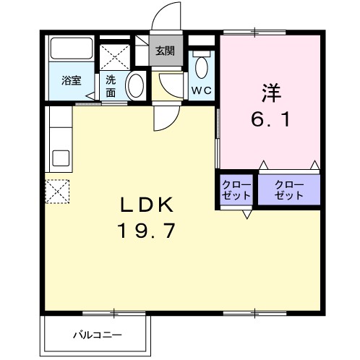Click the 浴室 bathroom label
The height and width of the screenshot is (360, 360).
(x=70, y=81)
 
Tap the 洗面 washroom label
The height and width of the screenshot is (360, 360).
(x=111, y=86)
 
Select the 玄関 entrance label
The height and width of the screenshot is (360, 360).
(x=164, y=51)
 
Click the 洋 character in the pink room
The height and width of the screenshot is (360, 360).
(x=270, y=94)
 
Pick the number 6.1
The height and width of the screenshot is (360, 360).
(x=270, y=119)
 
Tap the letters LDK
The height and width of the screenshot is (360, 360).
(x=146, y=206)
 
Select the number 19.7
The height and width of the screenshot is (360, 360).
(x=146, y=232)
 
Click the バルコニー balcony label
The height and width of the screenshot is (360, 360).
(x=97, y=335)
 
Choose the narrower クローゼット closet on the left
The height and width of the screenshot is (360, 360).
(x=236, y=190)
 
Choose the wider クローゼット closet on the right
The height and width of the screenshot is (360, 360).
(x=289, y=190)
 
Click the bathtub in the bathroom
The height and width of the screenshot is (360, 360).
(x=70, y=50)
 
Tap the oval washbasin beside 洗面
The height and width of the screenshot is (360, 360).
(x=135, y=86)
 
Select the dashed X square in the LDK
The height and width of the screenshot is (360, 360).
(x=57, y=191)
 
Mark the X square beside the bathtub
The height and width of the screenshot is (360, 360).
(x=113, y=56)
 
